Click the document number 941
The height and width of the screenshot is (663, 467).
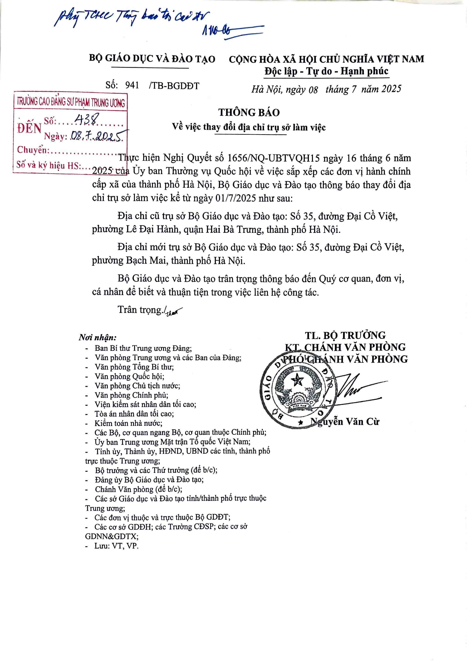coord(132,86)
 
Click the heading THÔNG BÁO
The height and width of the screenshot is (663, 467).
coord(249,112)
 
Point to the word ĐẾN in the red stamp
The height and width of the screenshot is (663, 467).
coord(29,128)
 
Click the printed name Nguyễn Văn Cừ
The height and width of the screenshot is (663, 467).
coord(345,422)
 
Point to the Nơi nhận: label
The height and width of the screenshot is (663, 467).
coord(98,337)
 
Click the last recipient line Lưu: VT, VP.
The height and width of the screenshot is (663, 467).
coord(116,546)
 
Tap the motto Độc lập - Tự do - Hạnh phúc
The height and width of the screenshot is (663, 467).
coord(327,71)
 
